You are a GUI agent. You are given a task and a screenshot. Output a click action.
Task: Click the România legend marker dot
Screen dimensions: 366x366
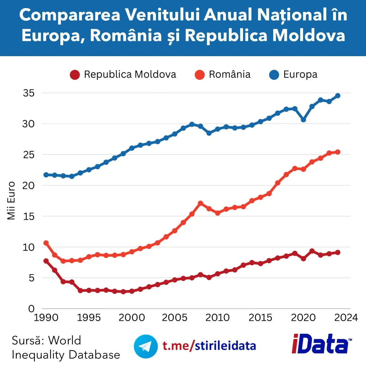199,75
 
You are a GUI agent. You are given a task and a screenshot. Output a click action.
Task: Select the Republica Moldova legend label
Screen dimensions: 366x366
130,75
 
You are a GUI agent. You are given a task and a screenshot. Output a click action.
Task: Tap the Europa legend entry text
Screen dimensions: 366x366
300,75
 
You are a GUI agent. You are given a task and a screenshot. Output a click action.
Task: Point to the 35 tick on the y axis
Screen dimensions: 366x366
29,93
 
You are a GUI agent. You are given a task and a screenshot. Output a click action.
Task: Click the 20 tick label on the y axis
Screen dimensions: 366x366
28,186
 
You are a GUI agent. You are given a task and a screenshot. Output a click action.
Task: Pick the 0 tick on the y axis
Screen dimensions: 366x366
32,309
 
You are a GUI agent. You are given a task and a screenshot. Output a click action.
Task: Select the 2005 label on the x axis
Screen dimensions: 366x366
175,318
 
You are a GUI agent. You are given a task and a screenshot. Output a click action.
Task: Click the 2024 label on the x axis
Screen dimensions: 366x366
346,318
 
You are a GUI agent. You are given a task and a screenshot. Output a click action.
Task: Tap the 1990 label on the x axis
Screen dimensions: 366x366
46,318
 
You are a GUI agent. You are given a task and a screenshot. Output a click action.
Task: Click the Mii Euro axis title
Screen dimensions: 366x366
11,201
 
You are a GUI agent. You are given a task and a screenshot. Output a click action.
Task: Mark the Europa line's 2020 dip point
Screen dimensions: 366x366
303,120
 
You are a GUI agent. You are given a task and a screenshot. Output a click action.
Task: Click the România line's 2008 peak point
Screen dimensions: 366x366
200,203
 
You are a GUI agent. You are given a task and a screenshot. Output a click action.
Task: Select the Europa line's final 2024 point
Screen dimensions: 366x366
338,96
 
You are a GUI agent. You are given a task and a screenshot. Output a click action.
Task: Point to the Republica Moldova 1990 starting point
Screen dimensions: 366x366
46,261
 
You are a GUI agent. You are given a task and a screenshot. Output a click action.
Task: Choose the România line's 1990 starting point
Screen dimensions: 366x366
46,243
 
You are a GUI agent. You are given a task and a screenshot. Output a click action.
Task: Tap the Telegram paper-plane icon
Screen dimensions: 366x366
146,346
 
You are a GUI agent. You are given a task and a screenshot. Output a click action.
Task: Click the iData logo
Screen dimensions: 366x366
322,343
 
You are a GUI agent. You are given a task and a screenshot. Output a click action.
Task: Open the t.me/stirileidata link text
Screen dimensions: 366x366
209,346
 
